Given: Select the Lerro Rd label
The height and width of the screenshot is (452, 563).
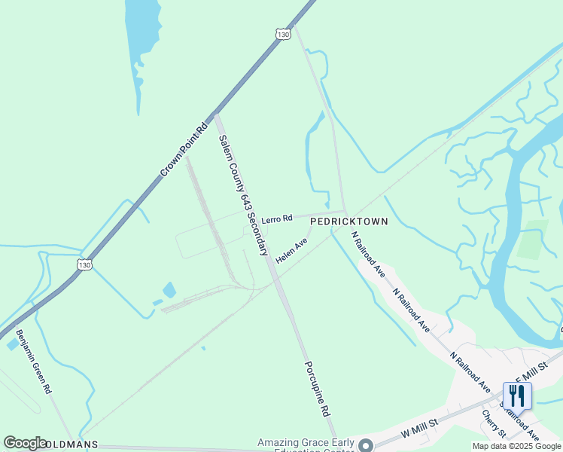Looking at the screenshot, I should pos(276,218).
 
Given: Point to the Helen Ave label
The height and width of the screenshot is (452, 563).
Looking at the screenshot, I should pos(292,251).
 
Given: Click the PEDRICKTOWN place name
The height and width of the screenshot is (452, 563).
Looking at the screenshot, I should pos(349,221).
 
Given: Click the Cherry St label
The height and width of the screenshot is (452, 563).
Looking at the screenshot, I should pos(494,423).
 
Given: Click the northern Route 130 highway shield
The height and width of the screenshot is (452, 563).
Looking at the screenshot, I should pos(283,35).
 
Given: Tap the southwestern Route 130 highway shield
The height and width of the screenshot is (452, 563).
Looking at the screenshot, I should pos(85,264).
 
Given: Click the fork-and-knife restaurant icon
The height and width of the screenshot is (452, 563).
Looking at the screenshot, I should pos(517,395).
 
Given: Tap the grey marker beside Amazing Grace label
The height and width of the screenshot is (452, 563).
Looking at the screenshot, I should pos(366,445).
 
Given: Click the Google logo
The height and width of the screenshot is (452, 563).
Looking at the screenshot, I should pos(26,443).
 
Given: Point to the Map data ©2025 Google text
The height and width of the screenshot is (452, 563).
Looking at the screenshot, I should pos(516,446).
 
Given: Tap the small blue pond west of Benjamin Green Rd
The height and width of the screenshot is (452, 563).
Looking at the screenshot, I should pos(12,344).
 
